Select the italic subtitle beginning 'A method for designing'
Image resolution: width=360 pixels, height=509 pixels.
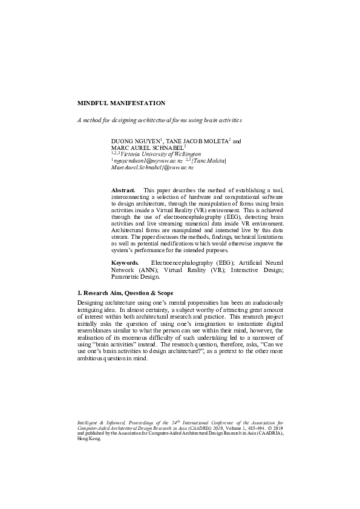tap(159, 120)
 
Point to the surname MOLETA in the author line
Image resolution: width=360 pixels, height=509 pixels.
tap(214, 141)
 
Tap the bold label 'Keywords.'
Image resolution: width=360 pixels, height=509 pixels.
tap(125, 264)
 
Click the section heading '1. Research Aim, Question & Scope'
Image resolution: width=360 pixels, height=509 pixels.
tap(124, 293)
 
